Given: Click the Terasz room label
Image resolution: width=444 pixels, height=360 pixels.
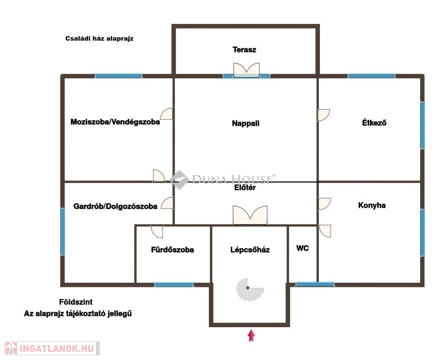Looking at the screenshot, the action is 244,50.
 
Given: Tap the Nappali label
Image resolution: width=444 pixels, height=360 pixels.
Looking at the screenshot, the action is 245,123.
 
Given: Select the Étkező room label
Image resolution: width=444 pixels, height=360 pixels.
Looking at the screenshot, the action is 374,122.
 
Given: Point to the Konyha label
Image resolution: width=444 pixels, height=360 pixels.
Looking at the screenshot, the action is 372,205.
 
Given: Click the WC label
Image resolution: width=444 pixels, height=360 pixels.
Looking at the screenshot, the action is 303,248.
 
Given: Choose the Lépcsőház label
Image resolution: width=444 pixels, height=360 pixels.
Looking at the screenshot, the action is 250,249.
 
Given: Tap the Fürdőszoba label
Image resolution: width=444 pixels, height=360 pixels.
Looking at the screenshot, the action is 172,249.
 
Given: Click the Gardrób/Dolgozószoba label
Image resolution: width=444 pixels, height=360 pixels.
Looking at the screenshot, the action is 115,206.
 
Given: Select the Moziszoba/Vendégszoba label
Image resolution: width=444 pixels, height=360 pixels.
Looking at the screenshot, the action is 115,122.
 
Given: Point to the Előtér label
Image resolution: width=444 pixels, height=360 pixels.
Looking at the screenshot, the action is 245,187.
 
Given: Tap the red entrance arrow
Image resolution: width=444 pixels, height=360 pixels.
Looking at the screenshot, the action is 251,335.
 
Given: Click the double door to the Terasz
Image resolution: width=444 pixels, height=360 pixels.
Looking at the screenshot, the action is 246,70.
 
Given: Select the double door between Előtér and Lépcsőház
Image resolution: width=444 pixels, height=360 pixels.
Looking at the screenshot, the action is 250,215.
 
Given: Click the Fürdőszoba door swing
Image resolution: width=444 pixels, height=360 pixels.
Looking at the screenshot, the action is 157,232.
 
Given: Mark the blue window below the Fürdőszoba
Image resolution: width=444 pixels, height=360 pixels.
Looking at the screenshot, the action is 174,285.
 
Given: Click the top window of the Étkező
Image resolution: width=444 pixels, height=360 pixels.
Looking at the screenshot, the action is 371,76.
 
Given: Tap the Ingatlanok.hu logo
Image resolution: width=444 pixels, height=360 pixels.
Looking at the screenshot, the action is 52,348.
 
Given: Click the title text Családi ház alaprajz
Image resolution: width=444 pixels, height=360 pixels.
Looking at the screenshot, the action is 99,38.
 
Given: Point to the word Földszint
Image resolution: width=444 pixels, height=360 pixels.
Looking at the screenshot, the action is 76,302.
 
